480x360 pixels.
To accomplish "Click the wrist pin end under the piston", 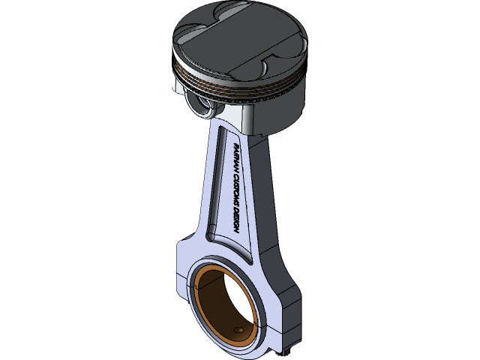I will click(203, 106).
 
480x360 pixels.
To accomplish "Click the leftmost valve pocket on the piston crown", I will click(187, 34).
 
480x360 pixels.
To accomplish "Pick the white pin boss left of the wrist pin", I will click(184, 89).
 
